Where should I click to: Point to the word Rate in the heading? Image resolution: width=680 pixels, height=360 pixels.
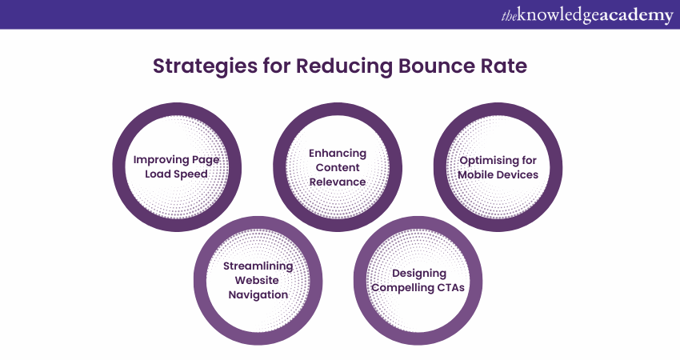(x=503, y=66)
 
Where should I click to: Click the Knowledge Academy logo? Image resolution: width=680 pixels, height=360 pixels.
(x=587, y=14)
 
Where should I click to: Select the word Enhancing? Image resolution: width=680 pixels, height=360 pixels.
(x=338, y=154)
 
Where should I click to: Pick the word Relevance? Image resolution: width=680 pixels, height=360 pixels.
(x=338, y=182)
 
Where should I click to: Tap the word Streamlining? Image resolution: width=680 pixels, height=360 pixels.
(x=258, y=266)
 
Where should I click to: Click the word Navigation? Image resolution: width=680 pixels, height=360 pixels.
(x=258, y=295)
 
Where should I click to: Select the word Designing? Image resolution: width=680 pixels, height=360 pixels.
(x=419, y=274)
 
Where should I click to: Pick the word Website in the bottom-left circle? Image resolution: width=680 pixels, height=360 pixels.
(x=257, y=280)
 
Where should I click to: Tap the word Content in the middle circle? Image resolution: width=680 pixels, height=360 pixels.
(x=338, y=167)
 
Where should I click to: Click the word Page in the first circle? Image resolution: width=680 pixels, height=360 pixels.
(x=205, y=161)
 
